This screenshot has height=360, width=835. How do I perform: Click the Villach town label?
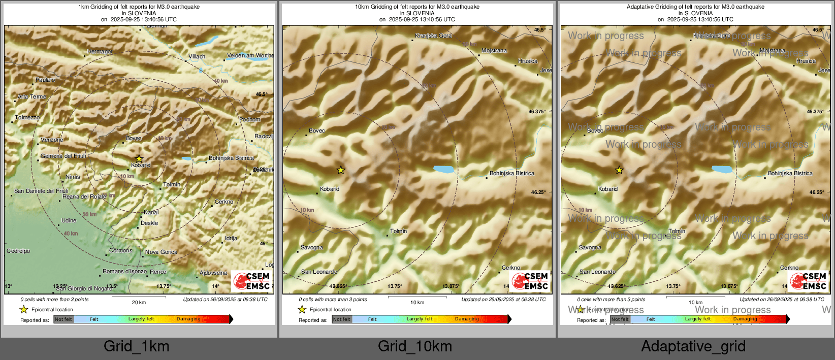click(197, 56)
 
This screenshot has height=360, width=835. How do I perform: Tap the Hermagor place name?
click(100, 51)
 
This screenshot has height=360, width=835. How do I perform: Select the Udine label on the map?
click(69, 220)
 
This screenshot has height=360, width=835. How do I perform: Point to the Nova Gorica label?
click(161, 252)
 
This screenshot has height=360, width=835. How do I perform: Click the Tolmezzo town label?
click(27, 117)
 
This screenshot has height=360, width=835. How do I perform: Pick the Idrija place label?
click(231, 238)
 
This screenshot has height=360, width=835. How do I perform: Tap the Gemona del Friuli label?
click(63, 156)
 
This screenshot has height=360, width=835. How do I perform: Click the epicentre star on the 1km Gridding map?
click(139, 159)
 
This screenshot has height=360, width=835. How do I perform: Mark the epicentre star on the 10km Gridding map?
click(341, 170)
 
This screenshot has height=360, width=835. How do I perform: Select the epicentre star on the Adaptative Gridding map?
click(619, 170)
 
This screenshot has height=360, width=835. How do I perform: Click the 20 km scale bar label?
click(139, 303)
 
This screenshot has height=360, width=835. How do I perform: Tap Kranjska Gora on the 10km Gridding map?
click(433, 36)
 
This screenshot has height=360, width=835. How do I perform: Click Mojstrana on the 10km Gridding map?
click(494, 50)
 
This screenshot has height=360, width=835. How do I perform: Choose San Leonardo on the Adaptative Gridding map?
click(597, 272)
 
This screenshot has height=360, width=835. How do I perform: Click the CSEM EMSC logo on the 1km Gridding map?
click(252, 281)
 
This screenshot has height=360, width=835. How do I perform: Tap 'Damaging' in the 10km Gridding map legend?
click(467, 319)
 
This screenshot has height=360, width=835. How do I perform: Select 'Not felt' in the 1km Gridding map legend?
click(63, 319)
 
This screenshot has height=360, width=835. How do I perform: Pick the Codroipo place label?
click(18, 251)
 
